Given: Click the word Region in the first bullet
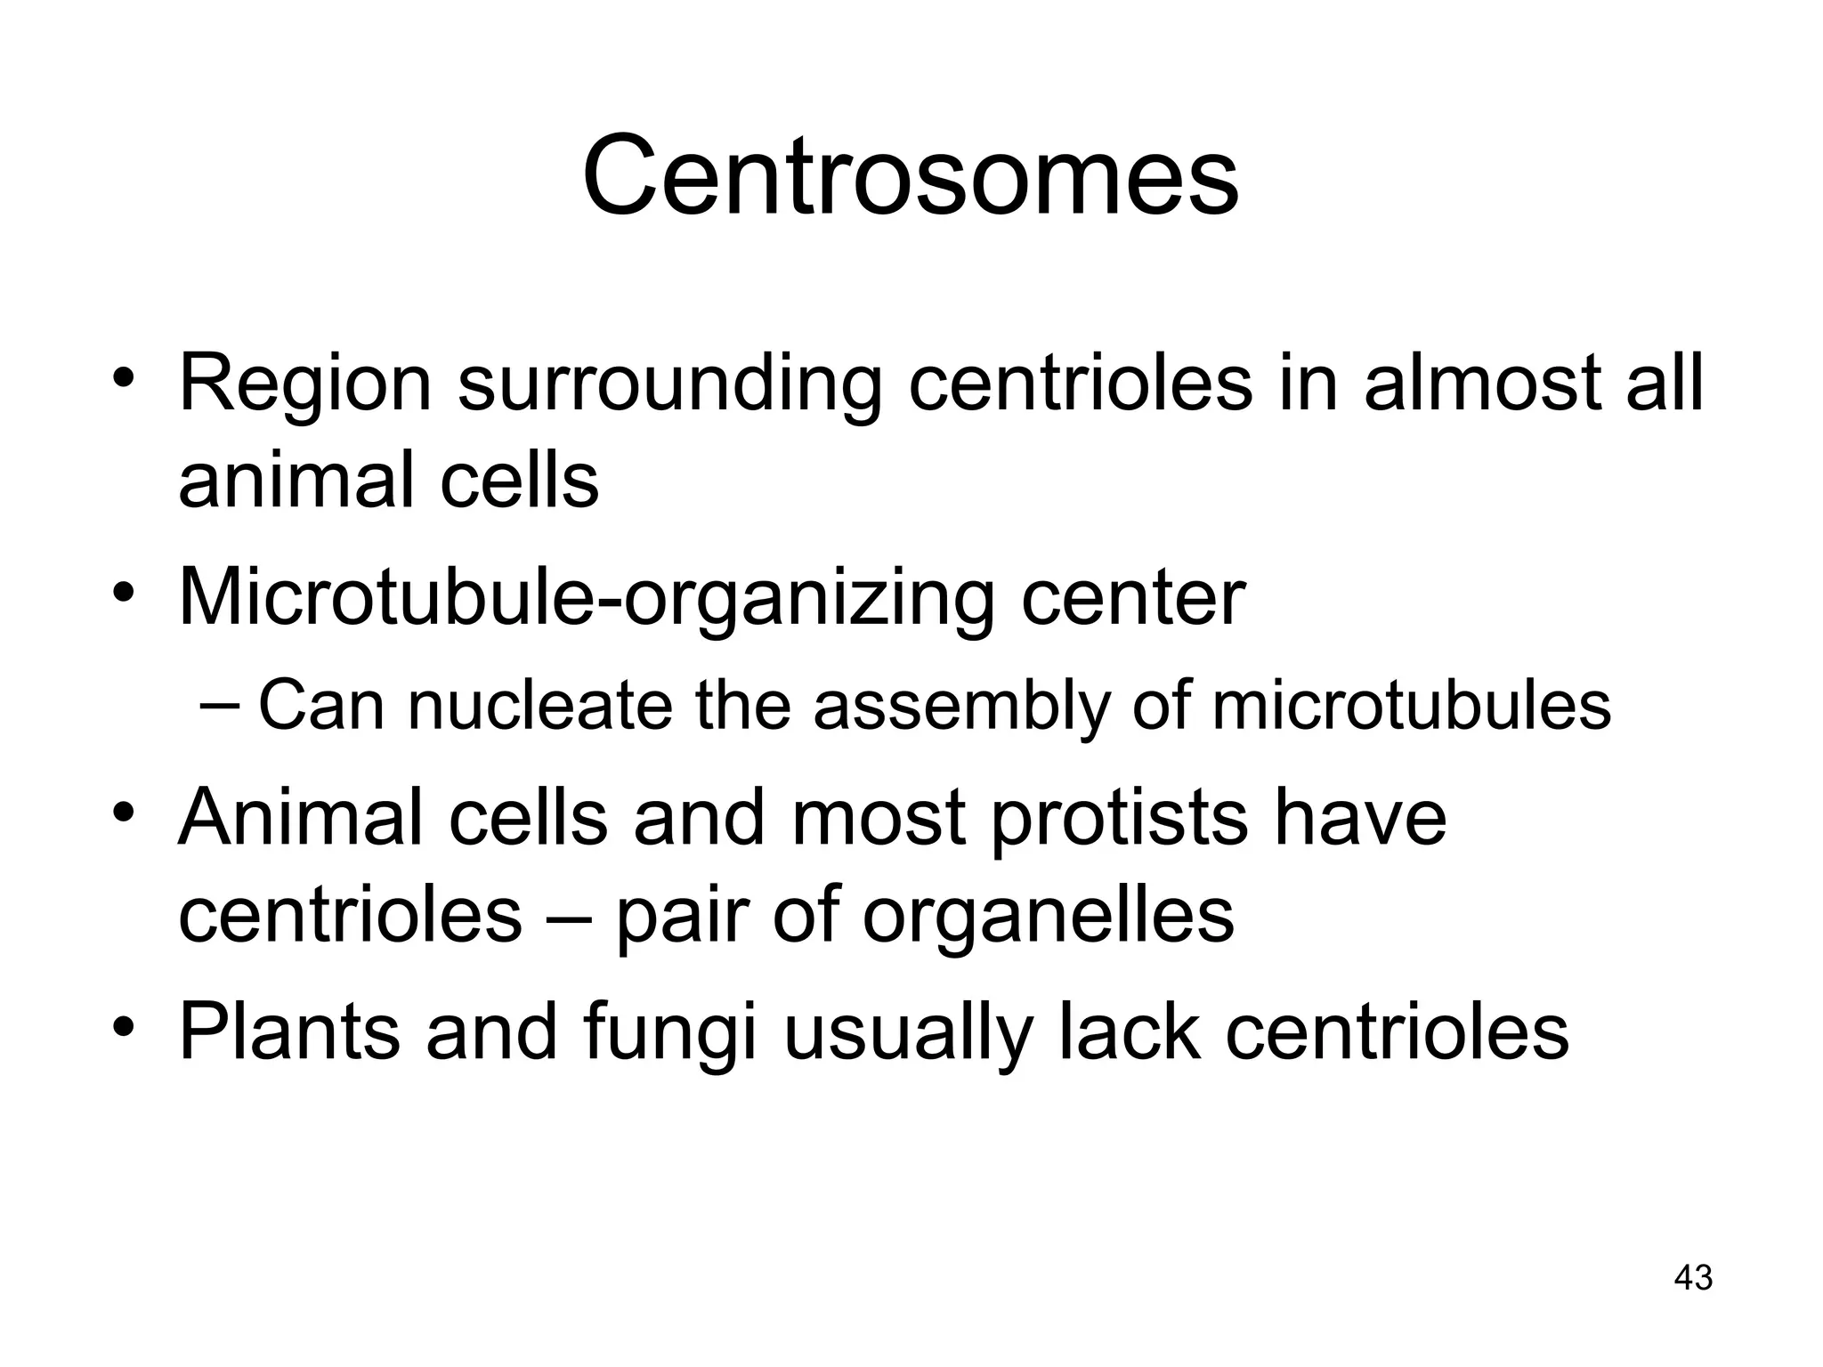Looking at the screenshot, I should point(305,384).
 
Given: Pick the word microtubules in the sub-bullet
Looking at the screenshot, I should point(1411,705).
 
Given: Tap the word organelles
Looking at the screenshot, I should point(1048,917).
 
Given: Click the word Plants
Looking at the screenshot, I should point(289,1032).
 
